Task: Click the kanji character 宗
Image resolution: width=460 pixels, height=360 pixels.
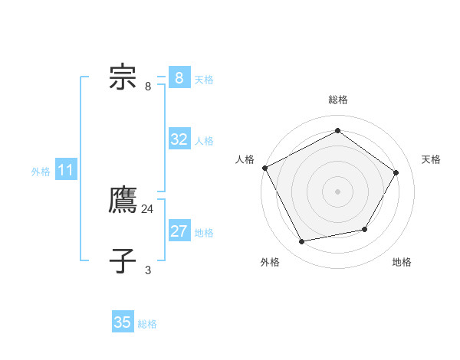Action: click(x=123, y=78)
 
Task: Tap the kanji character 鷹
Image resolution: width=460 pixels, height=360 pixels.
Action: click(x=123, y=200)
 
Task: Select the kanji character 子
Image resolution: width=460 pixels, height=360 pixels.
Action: click(x=123, y=260)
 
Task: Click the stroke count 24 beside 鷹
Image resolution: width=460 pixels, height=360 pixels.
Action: click(x=148, y=208)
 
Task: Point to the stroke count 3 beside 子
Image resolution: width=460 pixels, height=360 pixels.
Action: click(x=148, y=270)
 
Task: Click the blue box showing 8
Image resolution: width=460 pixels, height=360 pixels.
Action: click(x=179, y=78)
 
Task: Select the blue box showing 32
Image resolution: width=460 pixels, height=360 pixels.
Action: click(x=179, y=139)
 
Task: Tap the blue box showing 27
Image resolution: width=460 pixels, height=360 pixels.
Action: click(x=179, y=231)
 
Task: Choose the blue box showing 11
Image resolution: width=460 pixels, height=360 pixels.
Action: click(x=65, y=171)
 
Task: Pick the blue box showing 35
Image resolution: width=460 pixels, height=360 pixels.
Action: click(x=123, y=322)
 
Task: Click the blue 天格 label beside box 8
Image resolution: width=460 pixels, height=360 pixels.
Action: click(x=204, y=80)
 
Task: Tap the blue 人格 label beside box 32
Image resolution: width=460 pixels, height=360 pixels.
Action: click(x=204, y=141)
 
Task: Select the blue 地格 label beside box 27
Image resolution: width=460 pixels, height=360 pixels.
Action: click(x=204, y=233)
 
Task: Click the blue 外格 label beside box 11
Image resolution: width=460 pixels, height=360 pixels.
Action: click(x=41, y=172)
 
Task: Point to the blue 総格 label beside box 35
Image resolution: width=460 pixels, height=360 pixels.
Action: click(x=147, y=324)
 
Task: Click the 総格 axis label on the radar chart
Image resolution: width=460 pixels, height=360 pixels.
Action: click(x=337, y=100)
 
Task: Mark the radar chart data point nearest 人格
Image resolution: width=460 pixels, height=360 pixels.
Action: click(x=264, y=168)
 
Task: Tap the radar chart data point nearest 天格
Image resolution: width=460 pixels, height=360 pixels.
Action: click(x=396, y=172)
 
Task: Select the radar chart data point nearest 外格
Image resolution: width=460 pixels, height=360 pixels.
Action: click(x=302, y=242)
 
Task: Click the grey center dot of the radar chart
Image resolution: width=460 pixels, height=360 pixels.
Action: click(x=337, y=191)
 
